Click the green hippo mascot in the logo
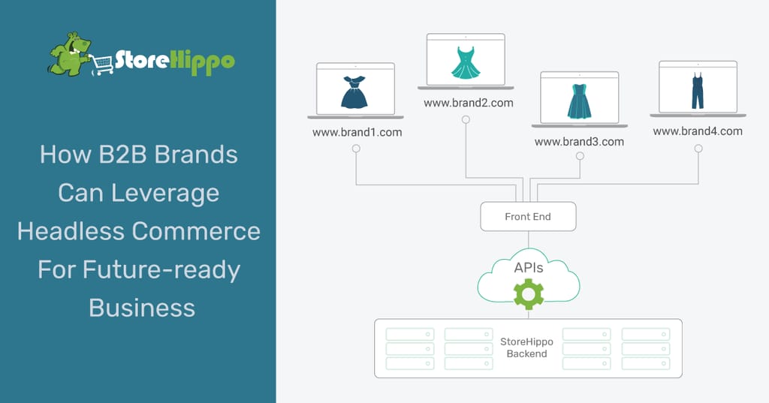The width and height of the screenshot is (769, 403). pos(69,54)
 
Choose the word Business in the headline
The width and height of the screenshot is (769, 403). pos(142,308)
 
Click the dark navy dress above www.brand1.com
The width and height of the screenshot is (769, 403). pos(354,93)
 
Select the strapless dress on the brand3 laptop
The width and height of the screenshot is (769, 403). pos(579,101)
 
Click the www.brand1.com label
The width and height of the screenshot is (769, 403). pos(357,132)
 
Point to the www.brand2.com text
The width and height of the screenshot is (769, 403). pos(469,103)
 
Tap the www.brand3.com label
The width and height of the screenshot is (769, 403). pos(579,141)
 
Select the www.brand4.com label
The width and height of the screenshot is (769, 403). pos(698,131)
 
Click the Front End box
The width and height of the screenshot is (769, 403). pos(528,216)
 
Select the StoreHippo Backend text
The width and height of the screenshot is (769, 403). pos(527,347)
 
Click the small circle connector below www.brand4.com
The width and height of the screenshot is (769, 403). pos(698,149)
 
